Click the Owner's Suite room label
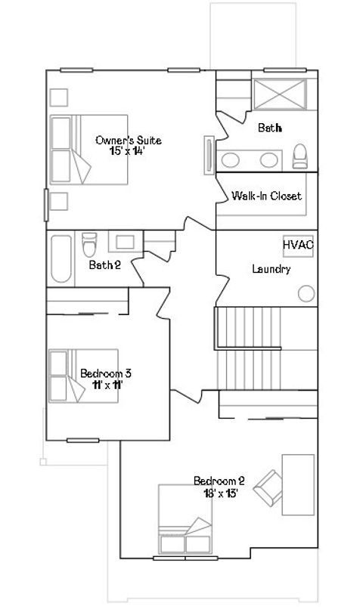[128, 140]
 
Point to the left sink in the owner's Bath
[233, 159]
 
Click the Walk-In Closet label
[266, 196]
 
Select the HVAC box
[298, 246]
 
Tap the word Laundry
[271, 269]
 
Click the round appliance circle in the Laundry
[306, 294]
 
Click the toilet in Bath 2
[89, 244]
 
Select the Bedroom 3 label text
[107, 373]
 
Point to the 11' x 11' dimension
[107, 384]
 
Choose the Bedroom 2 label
[219, 481]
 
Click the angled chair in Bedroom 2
[268, 486]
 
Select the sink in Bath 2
[125, 243]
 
